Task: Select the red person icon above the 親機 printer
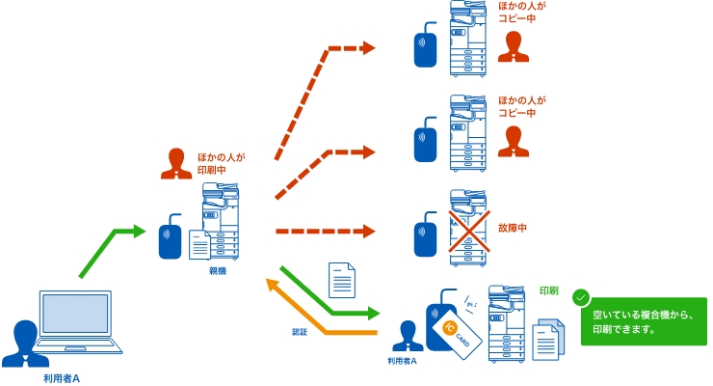pyautogui.click(x=174, y=163)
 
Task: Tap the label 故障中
pyautogui.click(x=513, y=229)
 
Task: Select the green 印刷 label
pyautogui.click(x=548, y=289)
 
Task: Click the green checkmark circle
pyautogui.click(x=581, y=298)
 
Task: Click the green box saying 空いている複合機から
pyautogui.click(x=643, y=321)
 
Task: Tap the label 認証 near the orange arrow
pyautogui.click(x=300, y=331)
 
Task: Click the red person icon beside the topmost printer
pyautogui.click(x=514, y=47)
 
